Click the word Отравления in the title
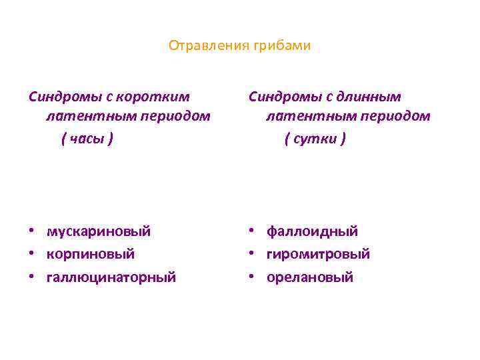[208, 46]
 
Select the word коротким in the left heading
[161, 97]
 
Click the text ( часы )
[87, 139]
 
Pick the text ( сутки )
[315, 139]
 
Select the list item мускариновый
[99, 231]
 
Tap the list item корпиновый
[91, 254]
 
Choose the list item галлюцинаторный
[111, 277]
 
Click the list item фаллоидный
[312, 231]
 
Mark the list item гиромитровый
[318, 254]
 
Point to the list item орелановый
[309, 277]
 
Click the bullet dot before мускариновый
[32, 231]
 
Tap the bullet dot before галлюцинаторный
[32, 277]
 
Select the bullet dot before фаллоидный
[252, 231]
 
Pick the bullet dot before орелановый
[252, 277]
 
